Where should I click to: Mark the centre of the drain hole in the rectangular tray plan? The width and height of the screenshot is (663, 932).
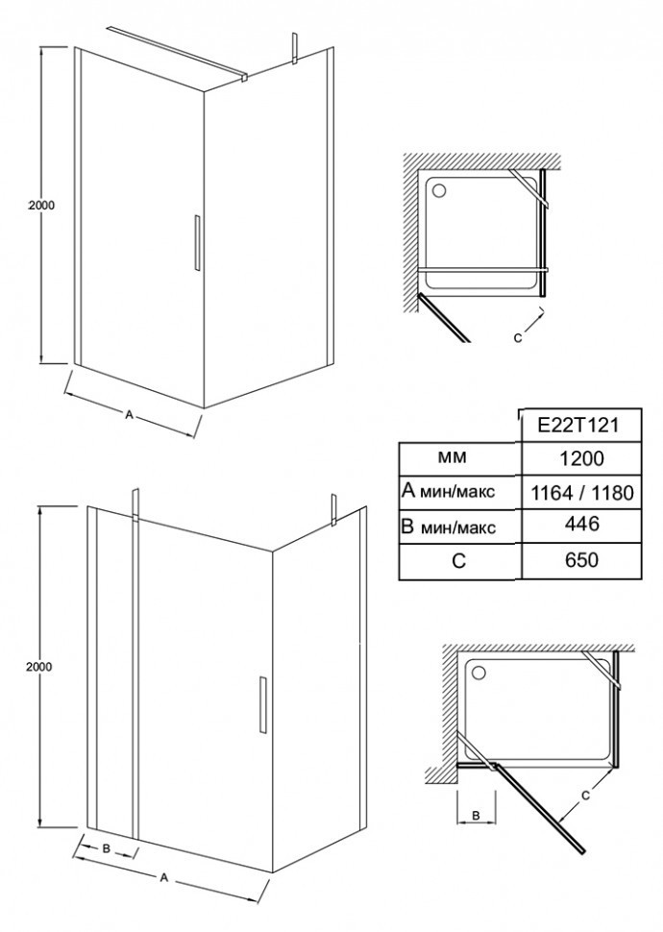[479, 673]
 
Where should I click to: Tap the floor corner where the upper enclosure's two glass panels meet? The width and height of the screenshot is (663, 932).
[205, 407]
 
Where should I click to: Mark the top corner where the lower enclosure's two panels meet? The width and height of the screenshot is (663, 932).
[272, 550]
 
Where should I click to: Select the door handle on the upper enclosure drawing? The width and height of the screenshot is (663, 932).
[197, 242]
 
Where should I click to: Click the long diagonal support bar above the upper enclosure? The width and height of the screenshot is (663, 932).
[177, 52]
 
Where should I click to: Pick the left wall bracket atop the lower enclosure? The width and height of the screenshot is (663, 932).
[135, 505]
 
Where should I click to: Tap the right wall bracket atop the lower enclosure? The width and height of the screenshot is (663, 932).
[334, 510]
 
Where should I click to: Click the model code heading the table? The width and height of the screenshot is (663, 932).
[578, 425]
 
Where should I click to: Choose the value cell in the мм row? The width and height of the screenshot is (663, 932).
[581, 458]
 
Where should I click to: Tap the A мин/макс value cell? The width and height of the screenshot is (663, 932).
[581, 492]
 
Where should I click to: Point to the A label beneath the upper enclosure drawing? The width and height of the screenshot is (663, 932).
[129, 415]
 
